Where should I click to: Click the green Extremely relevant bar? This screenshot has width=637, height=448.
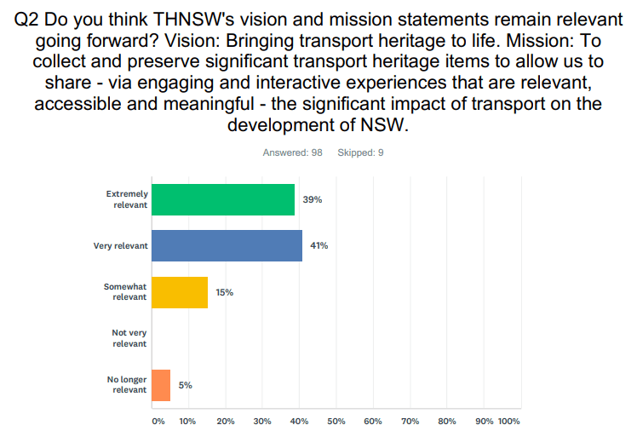[223, 199]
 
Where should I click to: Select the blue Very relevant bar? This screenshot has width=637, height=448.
[227, 245]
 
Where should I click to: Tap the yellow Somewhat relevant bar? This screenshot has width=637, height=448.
[180, 292]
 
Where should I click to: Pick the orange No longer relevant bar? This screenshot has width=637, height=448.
[161, 385]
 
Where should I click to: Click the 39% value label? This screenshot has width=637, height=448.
[312, 199]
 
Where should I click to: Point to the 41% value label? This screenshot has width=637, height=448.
[319, 245]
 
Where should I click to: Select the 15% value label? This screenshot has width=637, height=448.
[225, 292]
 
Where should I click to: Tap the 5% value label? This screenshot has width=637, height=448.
[185, 385]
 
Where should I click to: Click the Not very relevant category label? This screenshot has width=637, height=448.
[129, 338]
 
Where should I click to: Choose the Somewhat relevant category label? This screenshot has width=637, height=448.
[125, 292]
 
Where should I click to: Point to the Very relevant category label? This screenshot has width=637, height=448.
[121, 245]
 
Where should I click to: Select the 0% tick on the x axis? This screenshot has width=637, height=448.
[158, 422]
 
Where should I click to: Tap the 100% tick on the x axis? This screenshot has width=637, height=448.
[508, 422]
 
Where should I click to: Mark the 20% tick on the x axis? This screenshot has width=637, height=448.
[226, 422]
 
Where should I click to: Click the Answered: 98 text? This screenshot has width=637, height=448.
[292, 153]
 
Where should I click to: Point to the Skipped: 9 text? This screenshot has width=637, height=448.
[360, 153]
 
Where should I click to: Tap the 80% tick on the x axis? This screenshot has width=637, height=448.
[446, 422]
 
